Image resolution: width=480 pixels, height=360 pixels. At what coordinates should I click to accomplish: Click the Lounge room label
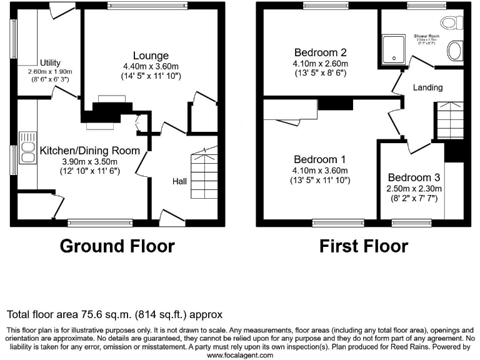[150, 56]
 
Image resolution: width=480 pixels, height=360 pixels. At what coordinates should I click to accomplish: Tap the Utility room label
[50, 62]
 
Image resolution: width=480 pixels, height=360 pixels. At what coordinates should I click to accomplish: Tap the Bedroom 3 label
[414, 177]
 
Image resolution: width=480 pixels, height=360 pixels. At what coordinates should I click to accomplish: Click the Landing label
[427, 87]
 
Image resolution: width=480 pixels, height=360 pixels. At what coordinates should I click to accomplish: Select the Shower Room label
[426, 36]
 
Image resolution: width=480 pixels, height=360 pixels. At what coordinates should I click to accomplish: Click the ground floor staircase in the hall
[202, 168]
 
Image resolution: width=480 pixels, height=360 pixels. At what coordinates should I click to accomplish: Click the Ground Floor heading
[117, 246]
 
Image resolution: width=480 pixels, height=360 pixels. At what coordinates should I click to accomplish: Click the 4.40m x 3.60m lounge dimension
[150, 66]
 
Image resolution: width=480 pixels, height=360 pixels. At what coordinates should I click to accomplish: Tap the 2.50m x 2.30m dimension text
[414, 188]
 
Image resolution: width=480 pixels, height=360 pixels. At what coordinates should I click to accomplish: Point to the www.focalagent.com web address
[240, 355]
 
